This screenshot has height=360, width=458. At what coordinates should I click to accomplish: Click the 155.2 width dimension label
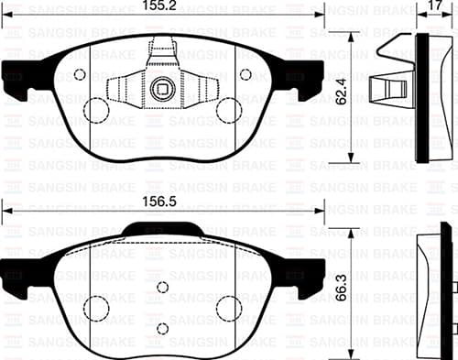coord(163,8)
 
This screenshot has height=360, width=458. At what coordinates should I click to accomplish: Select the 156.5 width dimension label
coord(163,195)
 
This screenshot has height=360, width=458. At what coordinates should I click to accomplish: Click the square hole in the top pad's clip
coord(163,89)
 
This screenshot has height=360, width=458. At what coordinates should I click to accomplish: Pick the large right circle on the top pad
coord(228,111)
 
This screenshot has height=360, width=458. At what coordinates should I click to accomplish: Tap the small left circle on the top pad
coord(79,75)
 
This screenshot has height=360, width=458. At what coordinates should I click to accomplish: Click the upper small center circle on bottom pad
coord(163,288)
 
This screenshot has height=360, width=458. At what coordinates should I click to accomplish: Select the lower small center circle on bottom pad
coord(163,328)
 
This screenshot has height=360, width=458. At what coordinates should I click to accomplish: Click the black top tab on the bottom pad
coord(163,229)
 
